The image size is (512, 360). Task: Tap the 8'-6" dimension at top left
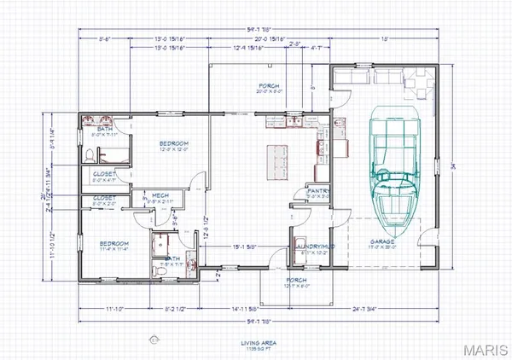(x=104, y=38)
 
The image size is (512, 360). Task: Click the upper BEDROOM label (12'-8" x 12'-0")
(x=173, y=143)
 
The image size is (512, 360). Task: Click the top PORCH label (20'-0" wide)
(x=271, y=86)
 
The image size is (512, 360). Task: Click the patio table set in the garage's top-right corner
(x=419, y=81)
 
